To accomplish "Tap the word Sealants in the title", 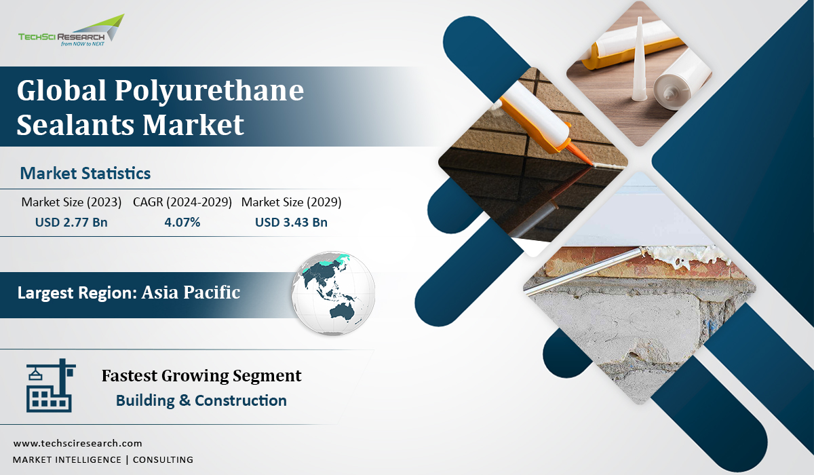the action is point(75,125).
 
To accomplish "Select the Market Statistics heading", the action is point(85,173).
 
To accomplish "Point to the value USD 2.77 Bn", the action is point(71,222).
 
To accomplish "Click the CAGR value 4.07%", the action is point(182,222).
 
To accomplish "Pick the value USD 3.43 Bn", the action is point(291,222).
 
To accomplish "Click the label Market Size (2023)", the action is point(71,202).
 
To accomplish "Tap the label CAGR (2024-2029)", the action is point(182,202).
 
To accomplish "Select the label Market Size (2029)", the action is point(291,202).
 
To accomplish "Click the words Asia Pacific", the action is point(191,292).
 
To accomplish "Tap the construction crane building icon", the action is point(50,385).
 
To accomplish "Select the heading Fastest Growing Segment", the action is point(201,376).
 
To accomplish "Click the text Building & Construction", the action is point(201,400).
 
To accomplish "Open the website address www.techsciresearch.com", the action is point(77,443).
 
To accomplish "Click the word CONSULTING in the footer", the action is point(163,460).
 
